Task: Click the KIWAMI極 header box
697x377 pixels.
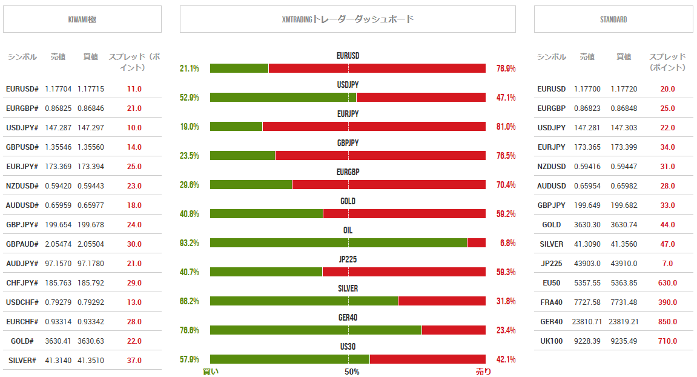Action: (82, 19)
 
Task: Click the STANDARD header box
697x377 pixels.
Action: (613, 19)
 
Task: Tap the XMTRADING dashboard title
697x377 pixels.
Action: (348, 19)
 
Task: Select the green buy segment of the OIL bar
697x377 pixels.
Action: (339, 242)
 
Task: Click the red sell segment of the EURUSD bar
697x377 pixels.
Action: (377, 68)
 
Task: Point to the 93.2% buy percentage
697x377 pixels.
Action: (190, 243)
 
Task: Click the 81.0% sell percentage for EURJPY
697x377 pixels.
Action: (506, 127)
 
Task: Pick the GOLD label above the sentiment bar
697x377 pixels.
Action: (348, 201)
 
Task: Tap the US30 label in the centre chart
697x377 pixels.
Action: (348, 347)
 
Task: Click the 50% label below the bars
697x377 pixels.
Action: (352, 372)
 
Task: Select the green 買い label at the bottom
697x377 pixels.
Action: (211, 372)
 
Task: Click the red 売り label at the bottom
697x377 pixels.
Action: (483, 372)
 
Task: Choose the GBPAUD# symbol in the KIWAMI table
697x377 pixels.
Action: (22, 244)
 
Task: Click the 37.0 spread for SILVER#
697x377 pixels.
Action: (134, 361)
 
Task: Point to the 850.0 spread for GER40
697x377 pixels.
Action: (668, 322)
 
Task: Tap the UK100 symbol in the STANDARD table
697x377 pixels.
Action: (551, 341)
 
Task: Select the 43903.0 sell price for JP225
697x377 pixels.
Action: (587, 264)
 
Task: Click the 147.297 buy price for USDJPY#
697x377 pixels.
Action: (91, 128)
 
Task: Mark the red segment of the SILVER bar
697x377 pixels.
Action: (442, 301)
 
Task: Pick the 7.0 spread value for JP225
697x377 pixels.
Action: (668, 264)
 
